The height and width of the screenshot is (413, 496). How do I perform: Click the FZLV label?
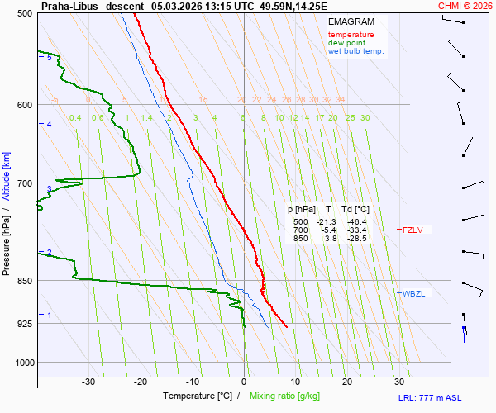(413, 230)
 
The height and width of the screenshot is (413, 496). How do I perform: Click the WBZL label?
(413, 293)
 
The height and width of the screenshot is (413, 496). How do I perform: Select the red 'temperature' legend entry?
(351, 35)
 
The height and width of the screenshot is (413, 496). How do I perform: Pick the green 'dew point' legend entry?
(347, 43)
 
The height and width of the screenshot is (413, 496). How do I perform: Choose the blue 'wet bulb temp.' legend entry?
(355, 51)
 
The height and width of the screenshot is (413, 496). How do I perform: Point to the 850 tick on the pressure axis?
(23, 281)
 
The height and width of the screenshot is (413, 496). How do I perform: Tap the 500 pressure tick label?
(23, 14)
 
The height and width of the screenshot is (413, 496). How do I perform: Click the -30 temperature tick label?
(88, 382)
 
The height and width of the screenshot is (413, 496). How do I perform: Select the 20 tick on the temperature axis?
(347, 382)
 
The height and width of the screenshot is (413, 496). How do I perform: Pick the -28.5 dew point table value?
(357, 239)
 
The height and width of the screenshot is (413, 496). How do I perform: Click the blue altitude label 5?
(49, 58)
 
